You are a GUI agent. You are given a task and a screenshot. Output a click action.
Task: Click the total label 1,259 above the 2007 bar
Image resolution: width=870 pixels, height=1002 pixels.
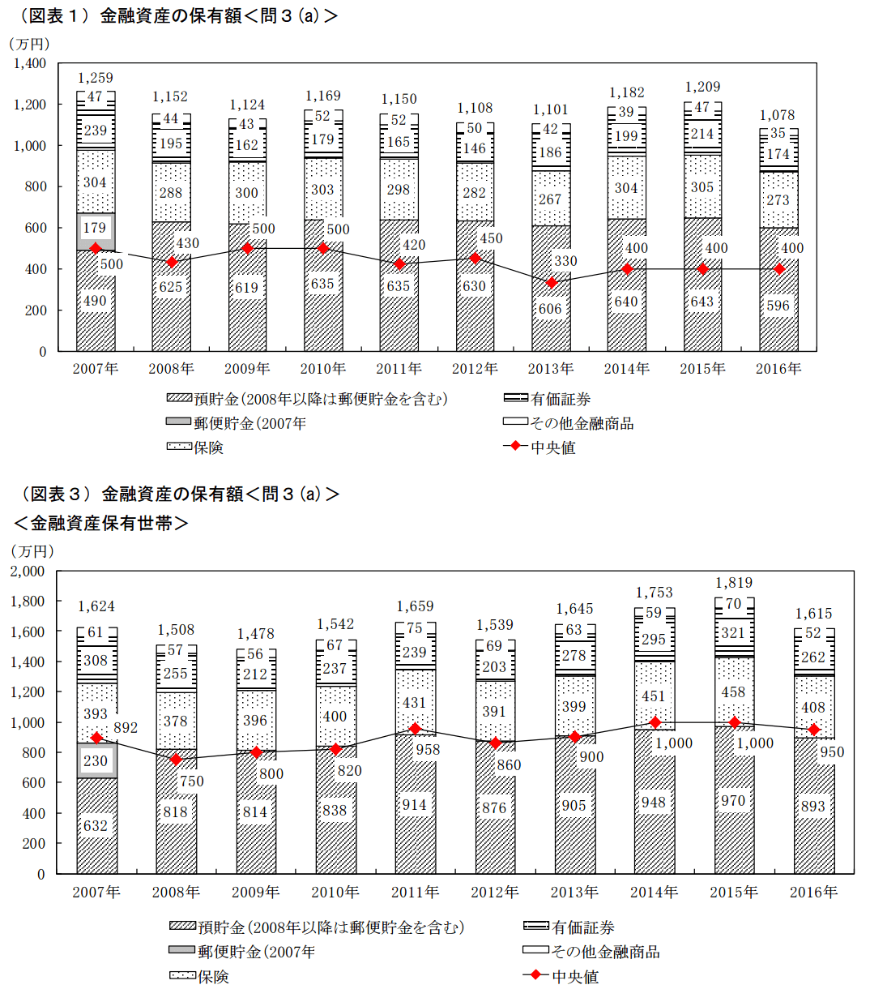click(95, 78)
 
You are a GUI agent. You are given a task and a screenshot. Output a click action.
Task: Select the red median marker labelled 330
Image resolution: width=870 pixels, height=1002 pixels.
click(552, 283)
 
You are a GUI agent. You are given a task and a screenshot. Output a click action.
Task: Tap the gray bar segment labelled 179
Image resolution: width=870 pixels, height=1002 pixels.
click(95, 231)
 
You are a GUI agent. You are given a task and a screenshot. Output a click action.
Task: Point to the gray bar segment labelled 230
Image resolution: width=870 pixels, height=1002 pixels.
click(96, 761)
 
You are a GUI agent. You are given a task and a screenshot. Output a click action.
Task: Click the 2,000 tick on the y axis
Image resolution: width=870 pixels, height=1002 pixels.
click(28, 571)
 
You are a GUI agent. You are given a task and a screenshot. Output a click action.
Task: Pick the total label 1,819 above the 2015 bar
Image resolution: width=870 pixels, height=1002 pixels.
click(733, 583)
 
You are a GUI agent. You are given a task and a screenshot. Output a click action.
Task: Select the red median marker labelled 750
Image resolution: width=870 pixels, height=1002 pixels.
click(176, 760)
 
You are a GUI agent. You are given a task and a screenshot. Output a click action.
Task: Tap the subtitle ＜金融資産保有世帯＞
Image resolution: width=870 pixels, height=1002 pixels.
click(100, 524)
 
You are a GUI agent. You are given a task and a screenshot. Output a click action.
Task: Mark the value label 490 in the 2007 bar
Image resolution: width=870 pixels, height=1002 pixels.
click(95, 301)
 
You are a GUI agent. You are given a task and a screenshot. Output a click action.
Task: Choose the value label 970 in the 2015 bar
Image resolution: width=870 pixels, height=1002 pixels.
click(733, 801)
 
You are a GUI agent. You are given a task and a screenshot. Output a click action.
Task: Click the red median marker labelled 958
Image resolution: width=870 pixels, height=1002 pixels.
click(415, 729)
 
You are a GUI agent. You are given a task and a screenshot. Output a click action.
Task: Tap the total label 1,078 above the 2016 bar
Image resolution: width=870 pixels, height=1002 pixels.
click(778, 115)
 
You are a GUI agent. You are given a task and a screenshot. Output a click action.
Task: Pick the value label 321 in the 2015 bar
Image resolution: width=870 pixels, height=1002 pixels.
click(733, 633)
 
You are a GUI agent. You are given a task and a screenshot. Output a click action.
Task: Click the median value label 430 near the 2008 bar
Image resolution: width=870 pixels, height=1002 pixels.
click(187, 243)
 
